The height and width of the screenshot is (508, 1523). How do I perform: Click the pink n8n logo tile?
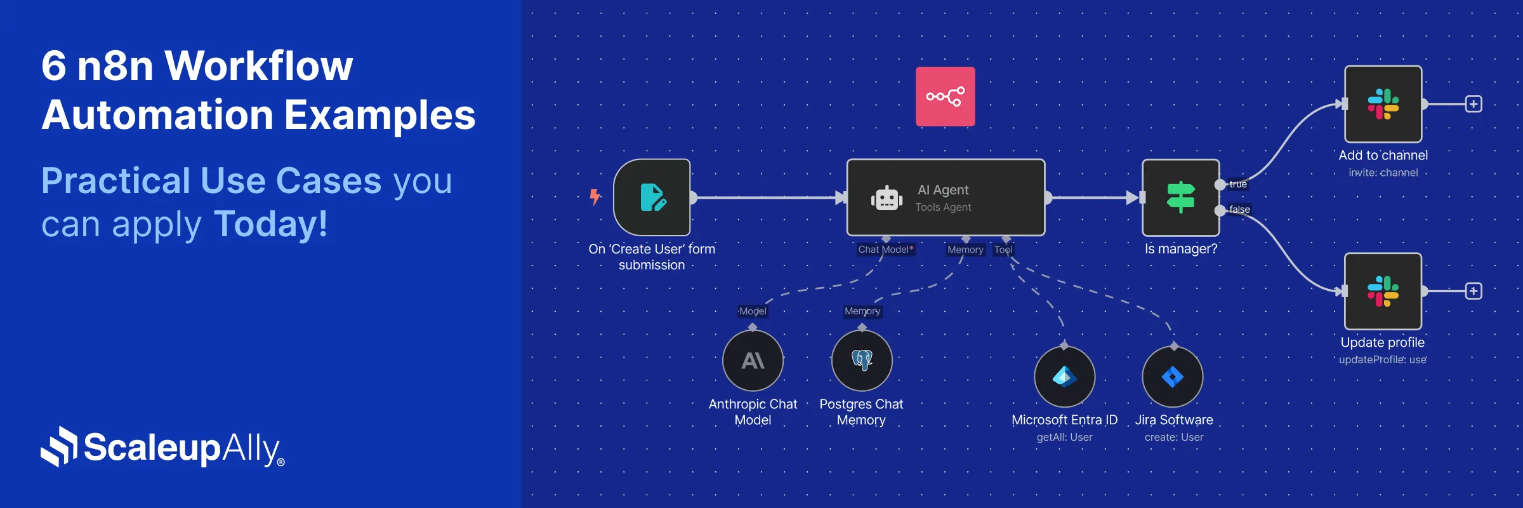tap(945, 97)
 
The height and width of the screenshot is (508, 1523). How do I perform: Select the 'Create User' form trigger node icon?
tap(652, 197)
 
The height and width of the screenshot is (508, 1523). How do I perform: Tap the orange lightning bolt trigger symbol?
tap(595, 197)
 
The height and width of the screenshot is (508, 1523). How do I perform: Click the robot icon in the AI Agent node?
tap(887, 199)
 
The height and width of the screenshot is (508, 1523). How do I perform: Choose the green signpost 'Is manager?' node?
tap(1180, 197)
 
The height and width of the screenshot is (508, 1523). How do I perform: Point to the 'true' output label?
tap(1237, 185)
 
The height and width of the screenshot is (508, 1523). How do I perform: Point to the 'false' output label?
tap(1239, 210)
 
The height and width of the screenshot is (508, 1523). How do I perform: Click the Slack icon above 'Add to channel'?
tap(1383, 104)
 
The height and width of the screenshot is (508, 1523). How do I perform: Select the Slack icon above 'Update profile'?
tap(1383, 291)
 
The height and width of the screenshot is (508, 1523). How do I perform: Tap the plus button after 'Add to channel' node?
tap(1474, 104)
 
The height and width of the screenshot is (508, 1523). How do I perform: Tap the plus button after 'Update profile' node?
tap(1474, 291)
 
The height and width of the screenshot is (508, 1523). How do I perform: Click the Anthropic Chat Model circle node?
tap(753, 361)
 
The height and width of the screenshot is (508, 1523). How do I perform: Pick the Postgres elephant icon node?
tap(862, 360)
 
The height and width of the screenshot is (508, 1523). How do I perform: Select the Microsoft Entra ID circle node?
tap(1064, 377)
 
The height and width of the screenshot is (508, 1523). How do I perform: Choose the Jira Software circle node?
tap(1173, 377)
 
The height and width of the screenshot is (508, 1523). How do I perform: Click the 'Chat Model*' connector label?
tap(886, 250)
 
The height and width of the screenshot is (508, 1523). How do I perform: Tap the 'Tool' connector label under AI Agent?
tap(1003, 250)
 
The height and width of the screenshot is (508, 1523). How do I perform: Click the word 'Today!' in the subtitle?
tap(271, 224)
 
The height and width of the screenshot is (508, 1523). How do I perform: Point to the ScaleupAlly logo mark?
tap(59, 446)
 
